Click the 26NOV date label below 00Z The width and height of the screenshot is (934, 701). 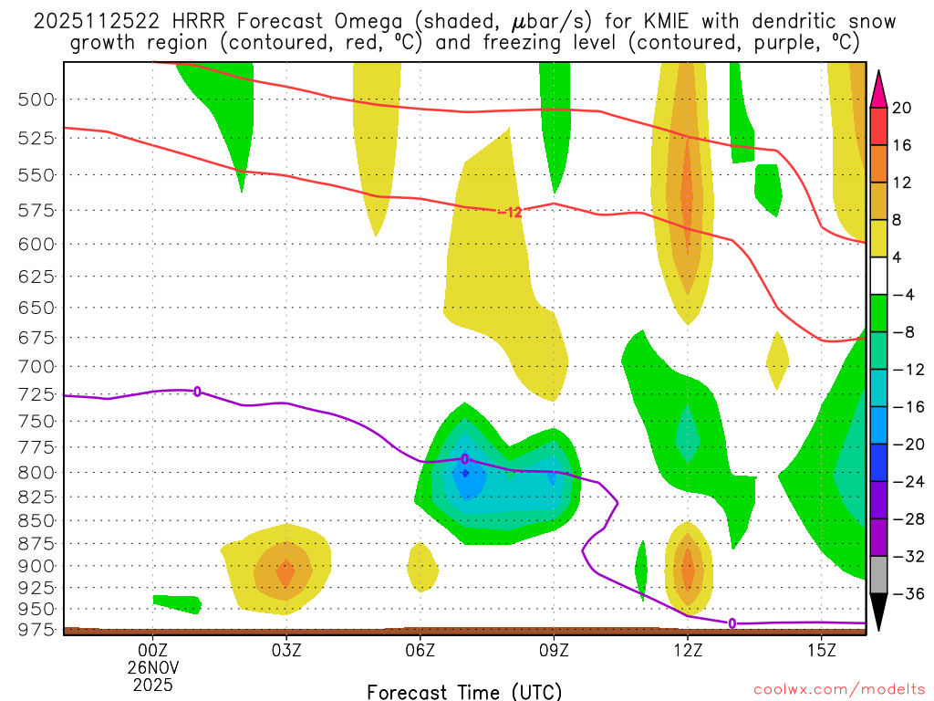(x=152, y=666)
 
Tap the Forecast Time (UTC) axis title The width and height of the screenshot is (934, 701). (x=464, y=692)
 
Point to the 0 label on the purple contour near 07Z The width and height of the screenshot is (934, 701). (x=465, y=459)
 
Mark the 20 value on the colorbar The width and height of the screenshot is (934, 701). (x=902, y=108)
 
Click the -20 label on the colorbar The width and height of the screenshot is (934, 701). (x=902, y=445)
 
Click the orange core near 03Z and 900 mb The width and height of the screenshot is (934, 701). (x=285, y=573)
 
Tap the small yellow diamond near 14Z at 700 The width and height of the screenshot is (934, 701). (x=777, y=361)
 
